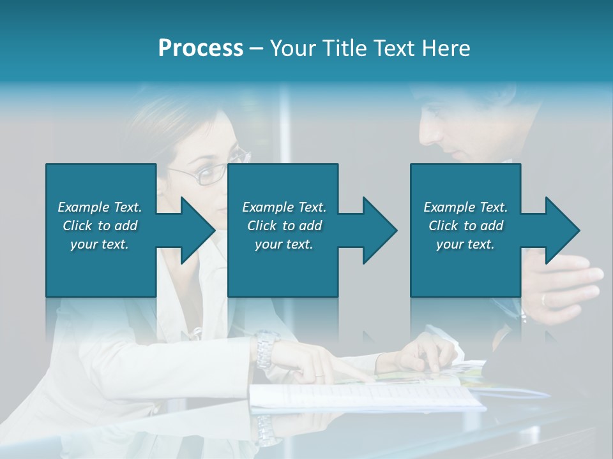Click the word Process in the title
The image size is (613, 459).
(201, 48)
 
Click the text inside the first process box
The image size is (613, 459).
(100, 226)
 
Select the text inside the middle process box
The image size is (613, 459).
(284, 226)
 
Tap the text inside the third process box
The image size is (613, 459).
(465, 226)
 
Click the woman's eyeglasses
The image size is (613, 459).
(214, 171)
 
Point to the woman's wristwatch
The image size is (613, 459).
(265, 349)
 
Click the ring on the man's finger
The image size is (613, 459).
(543, 299)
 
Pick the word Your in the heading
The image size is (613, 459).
(291, 48)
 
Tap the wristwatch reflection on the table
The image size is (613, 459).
(266, 430)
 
